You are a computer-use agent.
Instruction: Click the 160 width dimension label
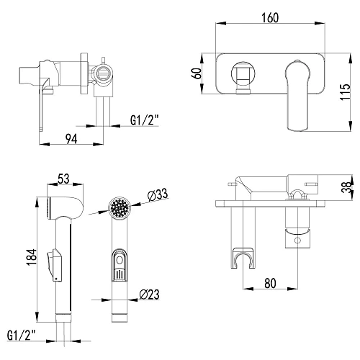pyautogui.click(x=270, y=18)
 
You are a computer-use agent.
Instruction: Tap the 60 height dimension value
pyautogui.click(x=197, y=73)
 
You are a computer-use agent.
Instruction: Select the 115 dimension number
pyautogui.click(x=345, y=92)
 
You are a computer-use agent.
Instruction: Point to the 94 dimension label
pyautogui.click(x=71, y=139)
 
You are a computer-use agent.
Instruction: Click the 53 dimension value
pyautogui.click(x=63, y=179)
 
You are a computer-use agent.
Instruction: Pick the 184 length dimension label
pyautogui.click(x=32, y=257)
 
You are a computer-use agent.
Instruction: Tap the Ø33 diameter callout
pyautogui.click(x=158, y=195)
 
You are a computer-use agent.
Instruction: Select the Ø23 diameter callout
pyautogui.click(x=149, y=294)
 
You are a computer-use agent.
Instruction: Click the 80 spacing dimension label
pyautogui.click(x=270, y=283)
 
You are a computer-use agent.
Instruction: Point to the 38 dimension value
pyautogui.click(x=346, y=186)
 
